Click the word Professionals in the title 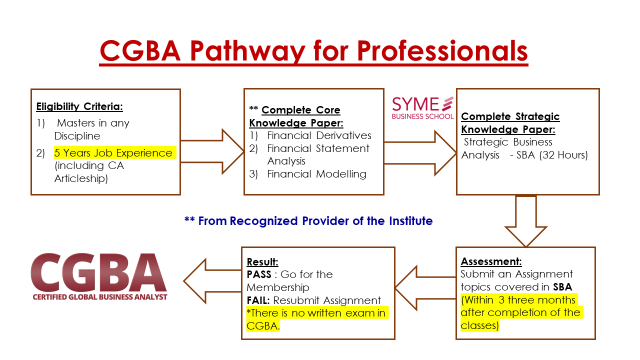[442, 51]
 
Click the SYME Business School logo [422, 108]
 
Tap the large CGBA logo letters [98, 272]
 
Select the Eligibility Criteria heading [79, 106]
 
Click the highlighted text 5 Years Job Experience [113, 153]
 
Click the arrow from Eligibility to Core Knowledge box [212, 151]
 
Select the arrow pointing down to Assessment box [525, 221]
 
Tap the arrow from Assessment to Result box [425, 288]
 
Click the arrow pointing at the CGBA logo [212, 281]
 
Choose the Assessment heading [491, 261]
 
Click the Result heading [262, 262]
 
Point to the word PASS [259, 274]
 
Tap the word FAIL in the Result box [258, 300]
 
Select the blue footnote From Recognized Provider [308, 221]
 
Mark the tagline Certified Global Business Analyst [99, 297]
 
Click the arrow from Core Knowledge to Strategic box [420, 153]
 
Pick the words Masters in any [93, 123]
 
